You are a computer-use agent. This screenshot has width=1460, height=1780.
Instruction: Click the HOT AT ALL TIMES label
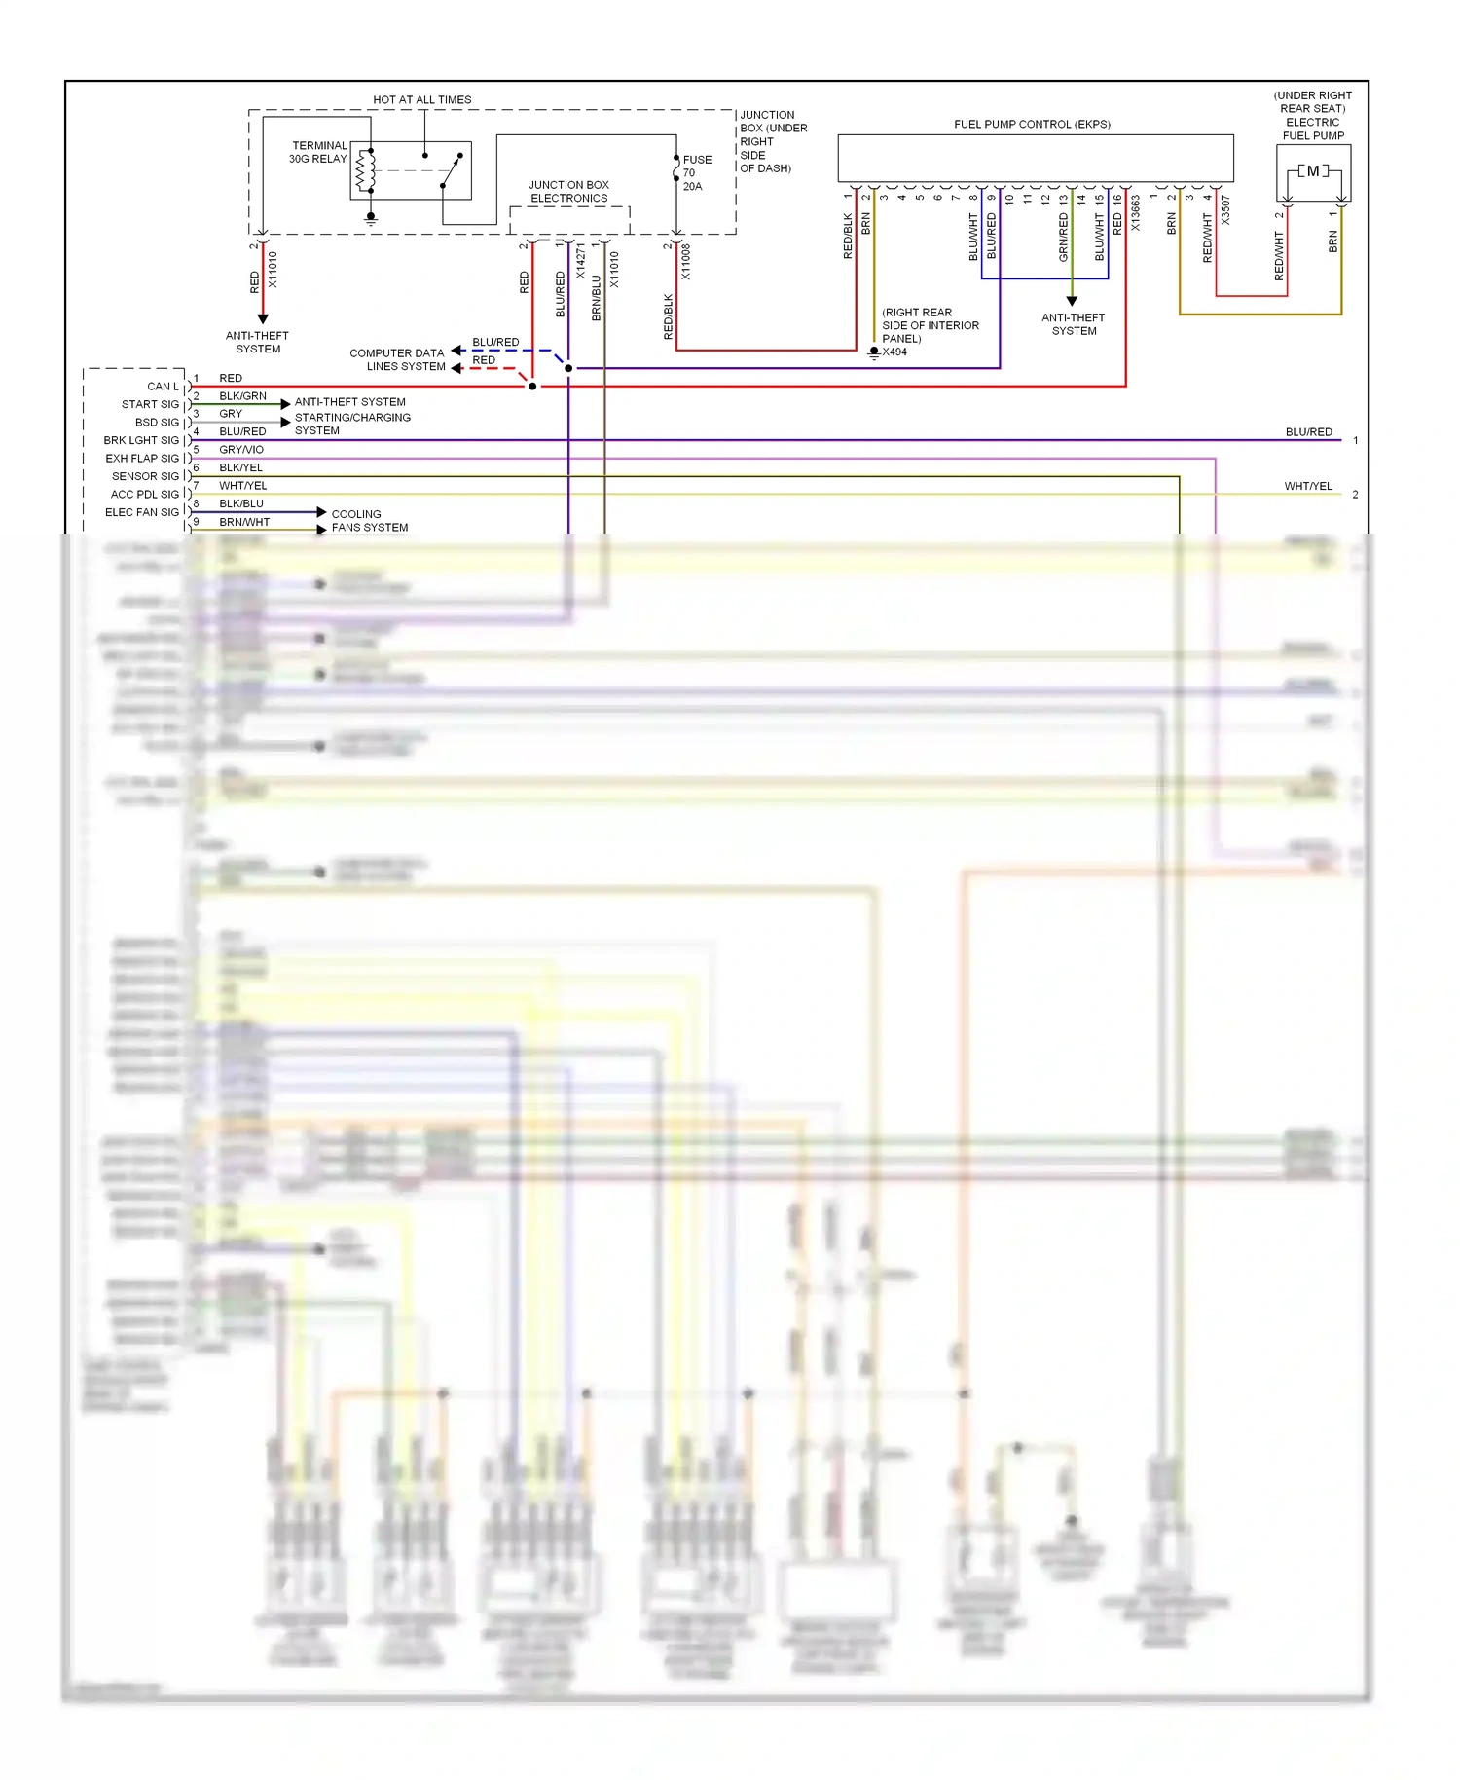[421, 99]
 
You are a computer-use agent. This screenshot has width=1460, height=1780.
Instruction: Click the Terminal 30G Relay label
[318, 152]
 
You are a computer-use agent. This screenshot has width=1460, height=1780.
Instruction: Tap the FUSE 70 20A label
[696, 172]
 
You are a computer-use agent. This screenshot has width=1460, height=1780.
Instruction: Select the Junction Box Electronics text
[568, 191]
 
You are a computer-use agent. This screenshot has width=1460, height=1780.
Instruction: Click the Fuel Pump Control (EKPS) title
[1032, 124]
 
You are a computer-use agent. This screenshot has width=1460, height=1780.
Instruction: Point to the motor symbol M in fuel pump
[1313, 171]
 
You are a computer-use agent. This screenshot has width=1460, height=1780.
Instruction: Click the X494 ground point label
[894, 352]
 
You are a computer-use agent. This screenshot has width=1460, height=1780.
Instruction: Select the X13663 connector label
[1135, 213]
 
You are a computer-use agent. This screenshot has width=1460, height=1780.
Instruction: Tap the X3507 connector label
[1225, 210]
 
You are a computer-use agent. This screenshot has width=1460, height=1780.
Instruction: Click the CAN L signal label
[163, 387]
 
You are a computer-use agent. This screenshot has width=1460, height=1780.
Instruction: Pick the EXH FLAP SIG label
[142, 458]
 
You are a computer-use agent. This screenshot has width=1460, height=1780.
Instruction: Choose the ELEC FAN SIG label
[142, 512]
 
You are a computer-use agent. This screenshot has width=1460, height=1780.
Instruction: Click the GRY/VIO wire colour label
[241, 450]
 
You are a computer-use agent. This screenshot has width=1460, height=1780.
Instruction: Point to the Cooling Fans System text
[369, 521]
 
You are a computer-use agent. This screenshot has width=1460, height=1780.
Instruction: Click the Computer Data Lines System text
[397, 359]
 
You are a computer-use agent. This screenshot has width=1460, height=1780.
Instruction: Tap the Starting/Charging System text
[351, 424]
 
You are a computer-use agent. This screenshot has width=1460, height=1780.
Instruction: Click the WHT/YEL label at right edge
[1307, 486]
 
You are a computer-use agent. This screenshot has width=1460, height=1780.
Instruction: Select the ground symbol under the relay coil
[370, 219]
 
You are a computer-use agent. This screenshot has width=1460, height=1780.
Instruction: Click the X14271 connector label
[581, 261]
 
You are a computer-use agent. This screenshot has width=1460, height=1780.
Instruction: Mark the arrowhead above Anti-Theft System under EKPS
[1072, 301]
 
